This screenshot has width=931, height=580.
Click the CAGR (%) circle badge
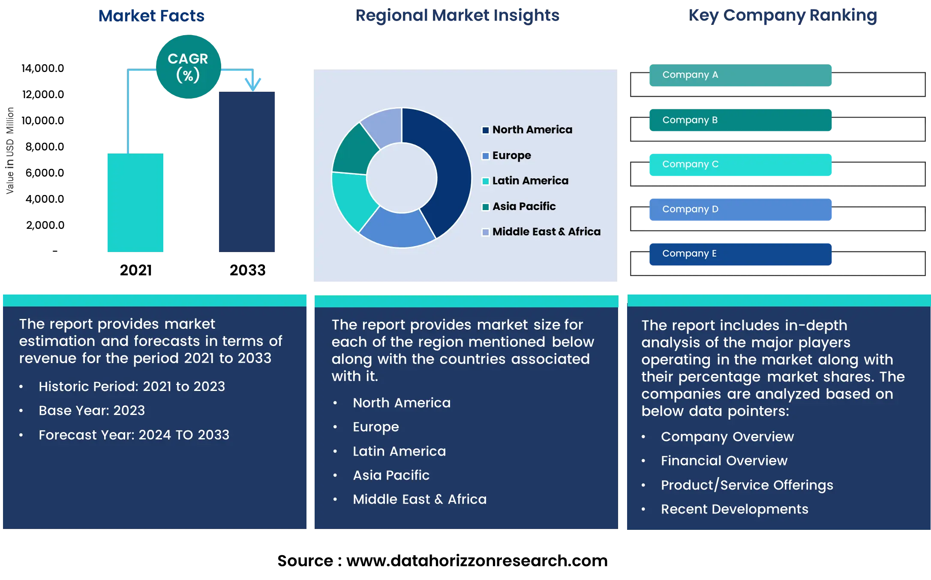[x=188, y=67]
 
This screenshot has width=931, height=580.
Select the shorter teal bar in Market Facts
[x=135, y=202]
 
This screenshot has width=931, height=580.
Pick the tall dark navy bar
[x=247, y=171]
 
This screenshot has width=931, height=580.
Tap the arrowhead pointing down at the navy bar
[x=253, y=83]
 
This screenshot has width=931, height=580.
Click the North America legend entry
[x=532, y=129]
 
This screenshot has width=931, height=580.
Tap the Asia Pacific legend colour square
[x=486, y=207]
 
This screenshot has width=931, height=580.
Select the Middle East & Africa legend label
[x=546, y=231]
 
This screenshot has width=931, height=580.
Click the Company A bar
[x=740, y=75]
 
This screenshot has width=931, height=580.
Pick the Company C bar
[x=740, y=165]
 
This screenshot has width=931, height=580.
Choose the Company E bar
[x=740, y=254]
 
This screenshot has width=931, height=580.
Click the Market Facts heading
[x=151, y=16]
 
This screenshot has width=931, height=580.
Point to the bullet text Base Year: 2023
[x=92, y=411]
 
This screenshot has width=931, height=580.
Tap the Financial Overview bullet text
[x=724, y=461]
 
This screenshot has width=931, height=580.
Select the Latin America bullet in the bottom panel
[x=399, y=451]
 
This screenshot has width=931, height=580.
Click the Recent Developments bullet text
[x=734, y=509]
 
